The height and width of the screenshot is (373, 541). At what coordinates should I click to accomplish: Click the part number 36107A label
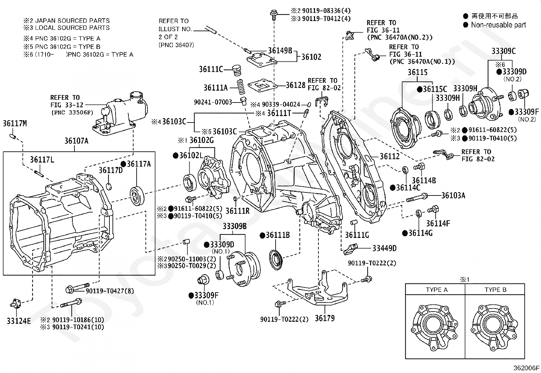76,141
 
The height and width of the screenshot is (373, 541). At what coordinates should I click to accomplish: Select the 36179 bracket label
325,318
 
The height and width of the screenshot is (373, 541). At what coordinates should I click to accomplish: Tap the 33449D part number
384,248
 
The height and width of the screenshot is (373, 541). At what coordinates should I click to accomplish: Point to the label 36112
389,156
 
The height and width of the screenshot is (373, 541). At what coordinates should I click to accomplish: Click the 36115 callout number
418,72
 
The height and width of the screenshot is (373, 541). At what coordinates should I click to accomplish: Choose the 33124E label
19,320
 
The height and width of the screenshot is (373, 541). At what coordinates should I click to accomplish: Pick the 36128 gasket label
295,85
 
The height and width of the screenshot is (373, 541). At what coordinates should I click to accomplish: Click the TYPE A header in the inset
437,290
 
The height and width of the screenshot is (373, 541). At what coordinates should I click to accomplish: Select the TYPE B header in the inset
495,290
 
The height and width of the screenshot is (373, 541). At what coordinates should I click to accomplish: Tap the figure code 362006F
526,368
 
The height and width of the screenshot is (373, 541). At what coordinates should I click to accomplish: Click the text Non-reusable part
498,25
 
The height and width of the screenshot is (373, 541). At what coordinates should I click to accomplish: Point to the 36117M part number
15,123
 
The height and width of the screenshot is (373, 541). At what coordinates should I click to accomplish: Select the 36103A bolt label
453,195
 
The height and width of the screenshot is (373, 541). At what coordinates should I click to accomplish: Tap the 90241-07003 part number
213,102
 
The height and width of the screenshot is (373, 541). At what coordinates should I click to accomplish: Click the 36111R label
238,211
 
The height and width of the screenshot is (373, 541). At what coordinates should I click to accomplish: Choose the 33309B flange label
234,226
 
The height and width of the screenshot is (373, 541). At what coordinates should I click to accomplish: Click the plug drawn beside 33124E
16,303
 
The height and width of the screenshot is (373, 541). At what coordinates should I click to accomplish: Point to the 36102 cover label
311,57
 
